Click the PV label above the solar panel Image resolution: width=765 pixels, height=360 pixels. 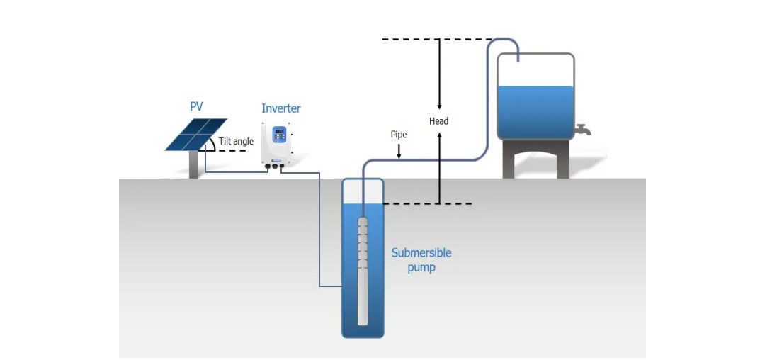coord(196,107)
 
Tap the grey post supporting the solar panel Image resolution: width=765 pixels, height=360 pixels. coord(194,164)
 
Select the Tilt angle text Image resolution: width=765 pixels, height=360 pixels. coord(236,142)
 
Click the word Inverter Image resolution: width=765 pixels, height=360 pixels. coord(281,108)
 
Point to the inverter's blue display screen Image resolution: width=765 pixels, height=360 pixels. coord(280,135)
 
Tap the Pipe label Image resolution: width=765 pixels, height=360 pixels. coord(399,134)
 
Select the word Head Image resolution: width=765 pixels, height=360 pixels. coord(439,121)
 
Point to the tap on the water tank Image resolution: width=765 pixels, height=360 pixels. coord(583,130)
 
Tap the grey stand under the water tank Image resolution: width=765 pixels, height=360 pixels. coord(535,159)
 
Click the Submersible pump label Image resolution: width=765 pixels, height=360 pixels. coord(421,260)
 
